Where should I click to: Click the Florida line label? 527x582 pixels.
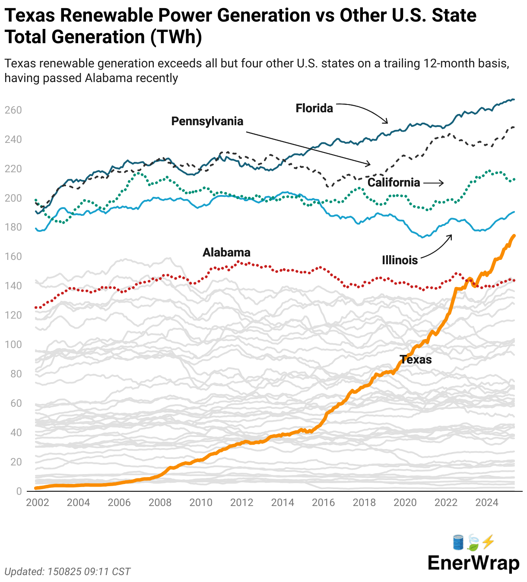coord(314,108)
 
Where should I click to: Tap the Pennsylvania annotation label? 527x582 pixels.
coord(207,121)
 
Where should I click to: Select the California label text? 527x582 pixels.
coord(394,182)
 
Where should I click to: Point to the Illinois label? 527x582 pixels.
coord(400,260)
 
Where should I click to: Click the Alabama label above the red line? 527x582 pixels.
coord(226,252)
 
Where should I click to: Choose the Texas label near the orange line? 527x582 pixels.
coord(416,360)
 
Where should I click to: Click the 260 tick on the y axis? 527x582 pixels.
coord(13,110)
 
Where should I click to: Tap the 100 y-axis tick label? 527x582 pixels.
coord(13,345)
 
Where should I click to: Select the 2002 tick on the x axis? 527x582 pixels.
coord(38,503)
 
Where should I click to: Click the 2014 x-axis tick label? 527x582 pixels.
coord(283,503)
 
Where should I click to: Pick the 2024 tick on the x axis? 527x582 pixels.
coord(487,503)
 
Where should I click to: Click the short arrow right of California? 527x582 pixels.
coord(433,183)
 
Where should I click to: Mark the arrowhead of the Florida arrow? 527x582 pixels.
coord(387,122)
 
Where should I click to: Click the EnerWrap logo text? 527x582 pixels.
coord(473,563)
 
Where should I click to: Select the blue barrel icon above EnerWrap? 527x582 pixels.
coord(458,542)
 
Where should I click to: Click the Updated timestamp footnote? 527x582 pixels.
coord(67,572)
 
